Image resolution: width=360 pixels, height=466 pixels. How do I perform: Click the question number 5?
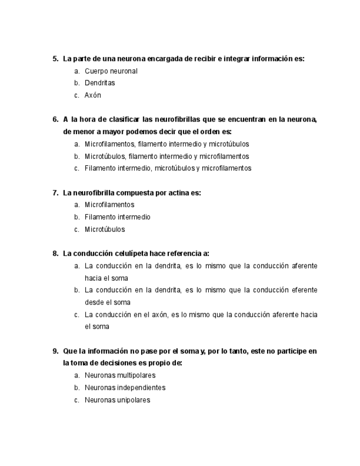point(55,59)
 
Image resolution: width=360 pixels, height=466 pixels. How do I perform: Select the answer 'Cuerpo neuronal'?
point(110,71)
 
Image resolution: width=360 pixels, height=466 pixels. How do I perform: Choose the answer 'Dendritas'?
point(99,83)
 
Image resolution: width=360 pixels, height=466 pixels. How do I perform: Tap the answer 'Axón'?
point(93,95)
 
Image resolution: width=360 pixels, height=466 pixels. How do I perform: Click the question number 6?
point(55,119)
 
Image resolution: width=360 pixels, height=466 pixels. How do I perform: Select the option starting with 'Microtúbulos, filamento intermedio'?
point(167,156)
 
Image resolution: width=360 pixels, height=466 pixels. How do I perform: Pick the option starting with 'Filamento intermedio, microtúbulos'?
point(168,168)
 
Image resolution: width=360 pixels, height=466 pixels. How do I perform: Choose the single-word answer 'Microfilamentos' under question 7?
point(109,205)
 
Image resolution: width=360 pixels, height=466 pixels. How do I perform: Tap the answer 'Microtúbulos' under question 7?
point(104,229)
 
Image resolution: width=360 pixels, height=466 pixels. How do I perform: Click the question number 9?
point(55,351)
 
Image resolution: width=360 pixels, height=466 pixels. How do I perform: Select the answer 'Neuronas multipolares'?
point(120,375)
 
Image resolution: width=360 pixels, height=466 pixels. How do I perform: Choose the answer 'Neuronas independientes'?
point(125,387)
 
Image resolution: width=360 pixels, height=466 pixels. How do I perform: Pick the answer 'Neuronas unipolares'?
point(117,400)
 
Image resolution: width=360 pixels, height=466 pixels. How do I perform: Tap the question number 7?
point(55,193)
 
